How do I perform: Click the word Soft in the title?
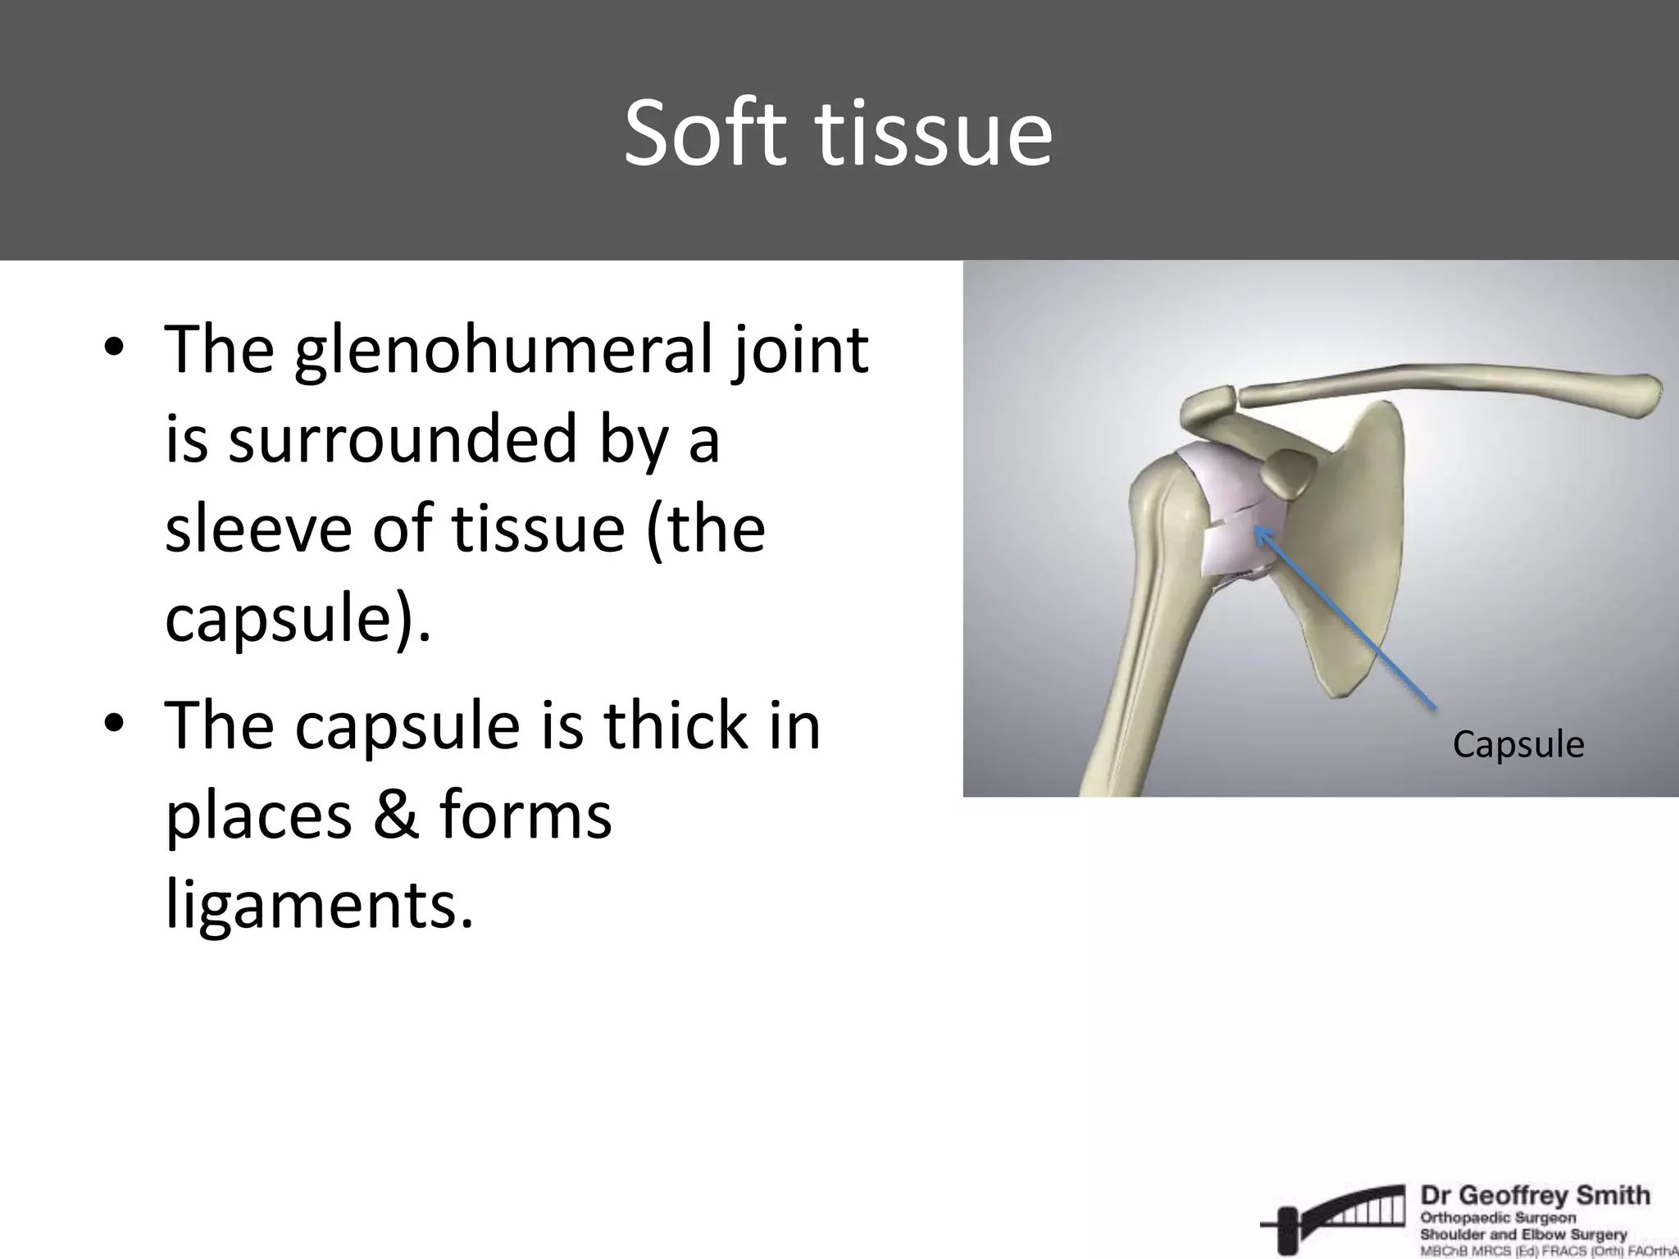click(x=708, y=133)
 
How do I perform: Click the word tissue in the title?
click(x=935, y=133)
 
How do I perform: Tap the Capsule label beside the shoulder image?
click(x=1517, y=744)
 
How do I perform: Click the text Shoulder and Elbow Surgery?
click(x=1522, y=1234)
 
